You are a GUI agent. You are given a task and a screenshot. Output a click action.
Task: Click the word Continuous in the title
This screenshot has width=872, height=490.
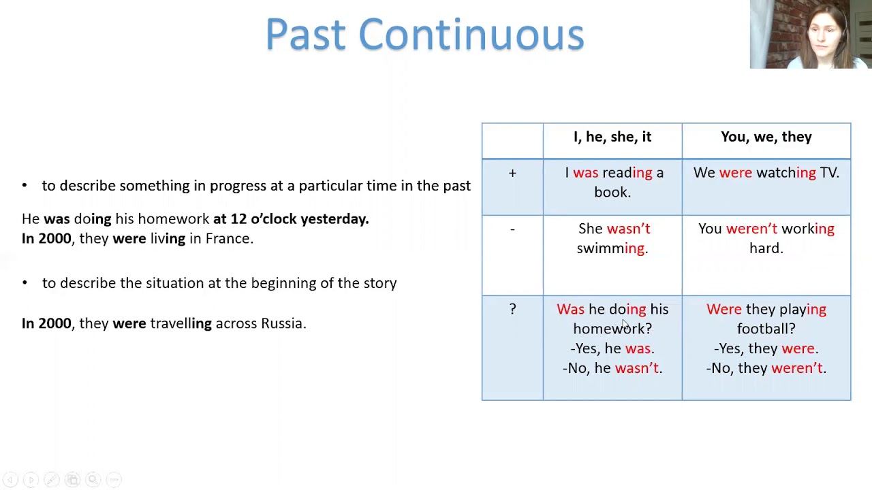[471, 34]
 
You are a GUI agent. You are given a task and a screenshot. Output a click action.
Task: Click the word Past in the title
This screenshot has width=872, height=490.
[306, 34]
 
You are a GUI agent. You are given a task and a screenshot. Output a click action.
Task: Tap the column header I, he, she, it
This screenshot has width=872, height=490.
[612, 137]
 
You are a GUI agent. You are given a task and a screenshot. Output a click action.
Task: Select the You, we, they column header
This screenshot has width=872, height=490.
[766, 137]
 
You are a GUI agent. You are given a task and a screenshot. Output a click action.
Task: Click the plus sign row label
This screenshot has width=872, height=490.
[512, 173]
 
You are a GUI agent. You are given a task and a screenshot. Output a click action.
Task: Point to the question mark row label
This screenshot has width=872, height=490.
[513, 309]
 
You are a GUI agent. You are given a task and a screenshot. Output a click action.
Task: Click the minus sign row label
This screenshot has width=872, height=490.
[512, 229]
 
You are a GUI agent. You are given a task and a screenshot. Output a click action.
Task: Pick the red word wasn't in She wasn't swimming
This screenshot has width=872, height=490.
[629, 229]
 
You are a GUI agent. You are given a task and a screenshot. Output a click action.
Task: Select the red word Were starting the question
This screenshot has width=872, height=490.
[724, 309]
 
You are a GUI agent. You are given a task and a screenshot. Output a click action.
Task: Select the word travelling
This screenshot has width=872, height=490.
[181, 323]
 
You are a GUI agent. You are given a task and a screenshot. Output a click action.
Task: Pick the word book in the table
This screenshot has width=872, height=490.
[610, 192]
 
